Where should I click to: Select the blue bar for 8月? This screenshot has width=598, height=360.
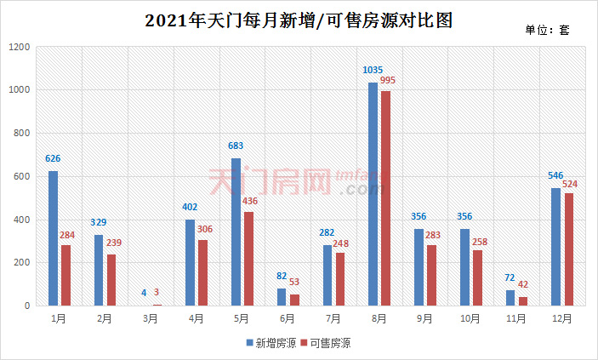[x=373, y=194]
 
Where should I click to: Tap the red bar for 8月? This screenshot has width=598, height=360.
[x=387, y=198]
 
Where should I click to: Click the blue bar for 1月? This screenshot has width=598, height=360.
[x=53, y=238]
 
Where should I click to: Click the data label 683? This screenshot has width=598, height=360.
[x=236, y=146]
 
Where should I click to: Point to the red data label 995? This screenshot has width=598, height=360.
[x=388, y=81]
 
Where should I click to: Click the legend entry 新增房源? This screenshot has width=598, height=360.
[x=270, y=343]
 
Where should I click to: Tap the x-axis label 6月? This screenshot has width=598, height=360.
[x=288, y=318]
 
